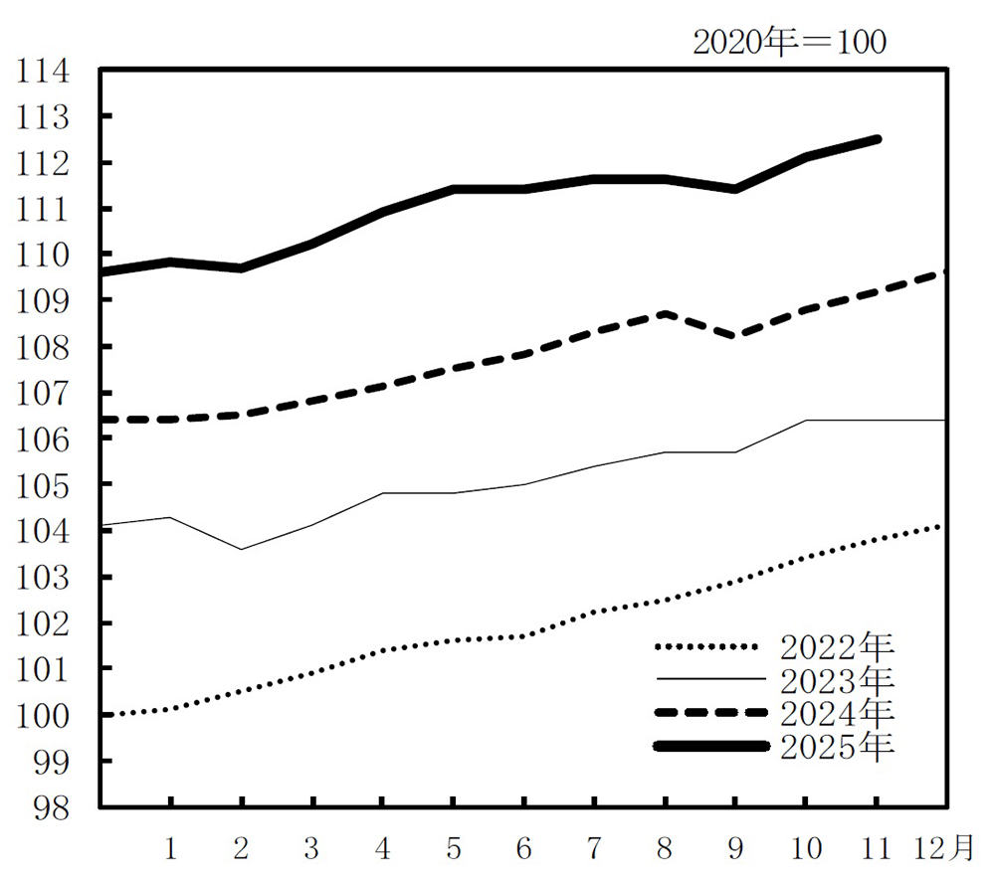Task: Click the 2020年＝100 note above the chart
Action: (789, 43)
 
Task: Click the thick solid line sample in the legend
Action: (711, 746)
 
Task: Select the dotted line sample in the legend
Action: (711, 647)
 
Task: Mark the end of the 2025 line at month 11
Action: (877, 139)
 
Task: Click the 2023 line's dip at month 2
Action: (242, 549)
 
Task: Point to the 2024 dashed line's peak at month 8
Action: (665, 313)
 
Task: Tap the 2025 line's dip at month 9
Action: (735, 188)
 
